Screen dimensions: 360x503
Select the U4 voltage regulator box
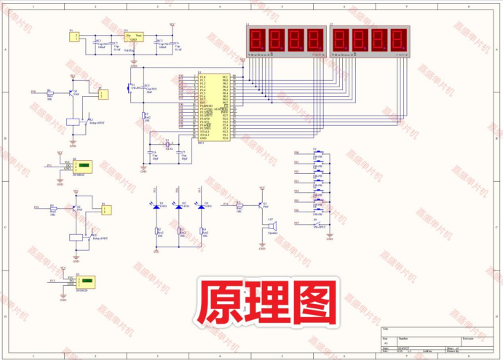133,39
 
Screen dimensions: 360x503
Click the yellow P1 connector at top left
74,38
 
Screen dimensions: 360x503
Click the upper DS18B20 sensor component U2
84,166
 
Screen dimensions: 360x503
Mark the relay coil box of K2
74,237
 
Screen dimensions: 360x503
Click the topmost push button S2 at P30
317,153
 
